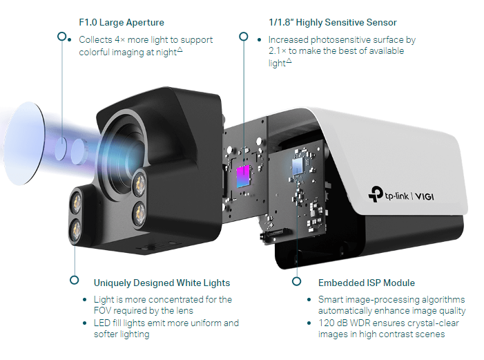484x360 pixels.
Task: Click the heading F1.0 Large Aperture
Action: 122,23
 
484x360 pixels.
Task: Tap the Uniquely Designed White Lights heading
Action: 162,283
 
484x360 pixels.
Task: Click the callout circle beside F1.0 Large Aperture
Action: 62,36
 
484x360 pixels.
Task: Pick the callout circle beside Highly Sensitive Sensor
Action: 242,36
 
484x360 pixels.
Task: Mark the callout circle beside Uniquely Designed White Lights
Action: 74,280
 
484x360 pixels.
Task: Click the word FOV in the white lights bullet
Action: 102,311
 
